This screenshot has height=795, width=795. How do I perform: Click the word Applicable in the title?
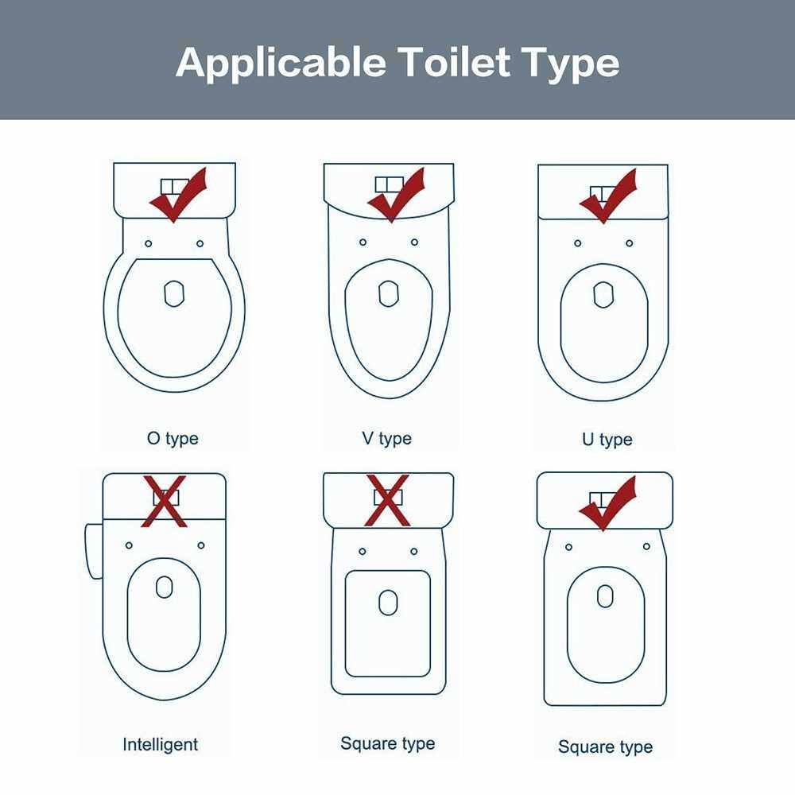[x=281, y=63]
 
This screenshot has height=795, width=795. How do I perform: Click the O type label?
[x=173, y=439]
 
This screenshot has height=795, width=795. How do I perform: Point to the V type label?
[x=387, y=439]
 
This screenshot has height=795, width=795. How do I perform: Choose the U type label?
[x=607, y=440]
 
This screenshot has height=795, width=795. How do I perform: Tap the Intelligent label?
[x=161, y=744]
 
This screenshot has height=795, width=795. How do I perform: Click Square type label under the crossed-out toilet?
[x=388, y=744]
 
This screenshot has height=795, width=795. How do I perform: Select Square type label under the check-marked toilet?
[x=605, y=747]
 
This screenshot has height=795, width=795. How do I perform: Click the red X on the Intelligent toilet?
[x=165, y=501]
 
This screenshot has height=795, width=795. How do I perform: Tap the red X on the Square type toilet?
[x=387, y=500]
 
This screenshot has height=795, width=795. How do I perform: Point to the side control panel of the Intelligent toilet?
[x=94, y=551]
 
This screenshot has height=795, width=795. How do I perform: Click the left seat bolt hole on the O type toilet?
[x=148, y=244]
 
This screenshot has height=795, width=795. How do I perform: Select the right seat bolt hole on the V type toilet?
[x=414, y=242]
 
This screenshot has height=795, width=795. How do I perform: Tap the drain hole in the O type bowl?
[x=174, y=293]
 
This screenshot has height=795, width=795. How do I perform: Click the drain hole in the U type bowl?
[x=603, y=295]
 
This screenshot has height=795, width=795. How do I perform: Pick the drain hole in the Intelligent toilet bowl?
[x=165, y=587]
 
